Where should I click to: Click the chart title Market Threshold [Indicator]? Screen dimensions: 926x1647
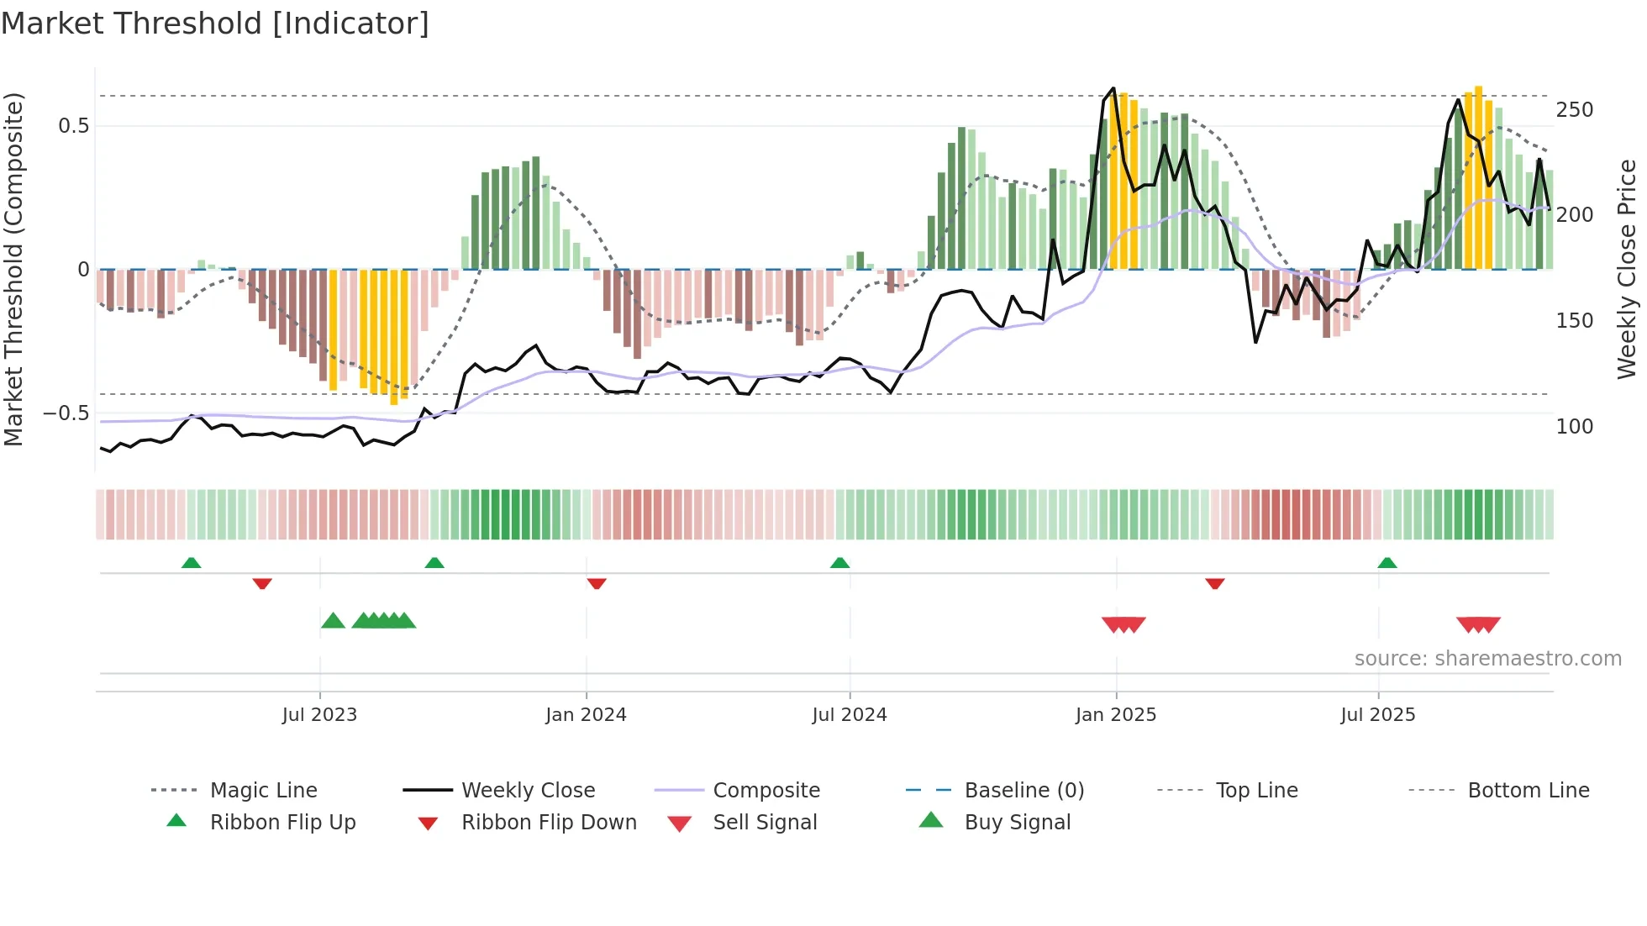click(215, 24)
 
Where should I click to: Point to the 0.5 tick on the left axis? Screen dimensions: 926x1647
click(73, 126)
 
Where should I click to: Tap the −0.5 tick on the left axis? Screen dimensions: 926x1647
click(66, 413)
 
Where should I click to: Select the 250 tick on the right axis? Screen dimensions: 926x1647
click(1574, 110)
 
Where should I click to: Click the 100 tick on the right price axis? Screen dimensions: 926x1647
click(1574, 427)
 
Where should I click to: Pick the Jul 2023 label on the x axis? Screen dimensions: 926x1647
click(319, 715)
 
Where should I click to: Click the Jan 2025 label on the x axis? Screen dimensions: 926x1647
click(1115, 715)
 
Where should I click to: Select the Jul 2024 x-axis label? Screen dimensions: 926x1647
click(849, 715)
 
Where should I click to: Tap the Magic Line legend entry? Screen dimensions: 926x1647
click(263, 791)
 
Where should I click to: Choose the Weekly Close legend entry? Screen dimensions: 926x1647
click(528, 791)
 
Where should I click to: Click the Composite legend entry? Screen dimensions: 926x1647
click(766, 791)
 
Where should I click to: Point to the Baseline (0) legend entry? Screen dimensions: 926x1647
click(1023, 791)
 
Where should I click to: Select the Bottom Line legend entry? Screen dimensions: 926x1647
click(1528, 791)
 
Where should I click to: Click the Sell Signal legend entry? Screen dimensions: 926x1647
click(764, 823)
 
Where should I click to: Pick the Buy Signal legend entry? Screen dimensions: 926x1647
click(1017, 823)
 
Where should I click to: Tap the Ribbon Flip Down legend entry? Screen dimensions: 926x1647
click(548, 823)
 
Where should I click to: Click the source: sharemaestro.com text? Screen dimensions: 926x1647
click(1487, 659)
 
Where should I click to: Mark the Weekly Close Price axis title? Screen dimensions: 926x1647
click(1627, 269)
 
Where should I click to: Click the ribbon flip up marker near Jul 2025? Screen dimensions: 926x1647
click(1387, 563)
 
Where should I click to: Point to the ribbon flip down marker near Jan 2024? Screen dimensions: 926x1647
click(597, 583)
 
